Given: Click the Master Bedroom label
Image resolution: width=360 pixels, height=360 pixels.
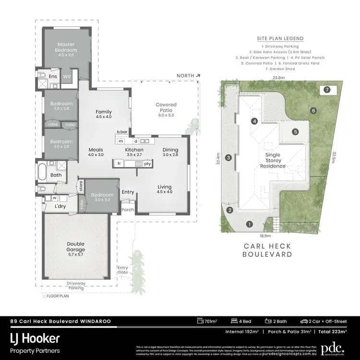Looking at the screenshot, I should coord(66,47).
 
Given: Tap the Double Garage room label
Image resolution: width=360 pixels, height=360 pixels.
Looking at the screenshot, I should coord(75,247).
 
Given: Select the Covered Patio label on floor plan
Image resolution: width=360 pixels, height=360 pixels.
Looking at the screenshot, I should coord(166,107).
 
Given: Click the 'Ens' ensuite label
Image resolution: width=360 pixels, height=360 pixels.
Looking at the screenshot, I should coord(53,76).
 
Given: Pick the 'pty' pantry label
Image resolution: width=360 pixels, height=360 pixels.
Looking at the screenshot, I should coord(147,164).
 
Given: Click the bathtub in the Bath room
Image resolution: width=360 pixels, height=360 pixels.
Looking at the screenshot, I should coord(42,171).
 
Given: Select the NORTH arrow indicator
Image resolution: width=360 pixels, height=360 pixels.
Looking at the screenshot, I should coord(188,75).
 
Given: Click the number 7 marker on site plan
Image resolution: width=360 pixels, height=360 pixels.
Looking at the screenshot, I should coord(327,90).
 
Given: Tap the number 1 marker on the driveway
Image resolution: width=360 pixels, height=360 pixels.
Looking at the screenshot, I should coord(249,224).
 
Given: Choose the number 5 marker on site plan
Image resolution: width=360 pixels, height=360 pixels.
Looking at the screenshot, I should coord(296,132).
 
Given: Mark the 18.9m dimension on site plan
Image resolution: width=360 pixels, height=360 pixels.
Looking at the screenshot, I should coord(265,236).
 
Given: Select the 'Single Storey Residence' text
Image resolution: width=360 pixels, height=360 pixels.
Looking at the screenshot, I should coord(273,161).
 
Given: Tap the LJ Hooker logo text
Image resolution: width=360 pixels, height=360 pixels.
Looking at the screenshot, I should coord(35,338).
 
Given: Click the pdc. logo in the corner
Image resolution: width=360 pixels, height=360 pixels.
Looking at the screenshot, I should coord(333,347).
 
